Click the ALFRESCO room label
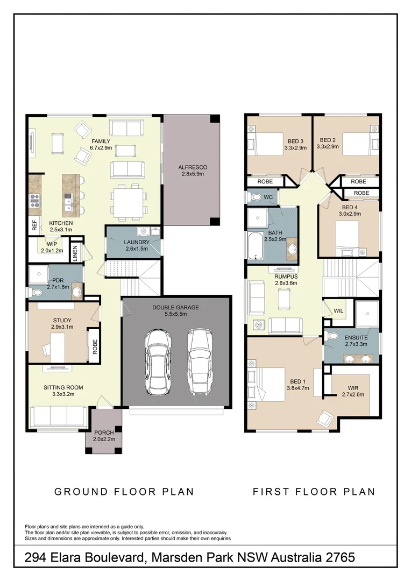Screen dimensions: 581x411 click(x=193, y=167)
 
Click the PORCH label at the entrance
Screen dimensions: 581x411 click(x=103, y=433)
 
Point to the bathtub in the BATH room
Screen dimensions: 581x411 click(x=254, y=245)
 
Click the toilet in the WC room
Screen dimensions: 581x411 click(x=257, y=197)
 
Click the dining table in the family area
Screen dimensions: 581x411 click(x=128, y=201)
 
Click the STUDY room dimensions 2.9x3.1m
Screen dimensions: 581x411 click(x=62, y=327)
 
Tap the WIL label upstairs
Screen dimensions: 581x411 click(x=338, y=311)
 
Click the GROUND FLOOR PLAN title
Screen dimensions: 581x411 click(x=124, y=491)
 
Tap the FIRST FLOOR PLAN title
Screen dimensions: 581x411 click(x=314, y=491)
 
